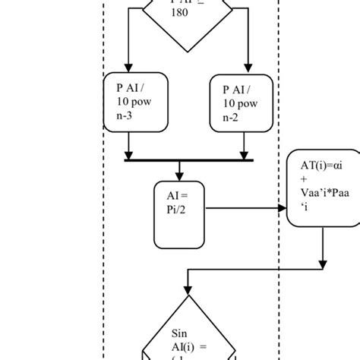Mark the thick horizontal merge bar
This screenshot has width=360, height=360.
click(188, 160)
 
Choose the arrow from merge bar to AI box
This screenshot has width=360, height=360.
click(180, 171)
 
